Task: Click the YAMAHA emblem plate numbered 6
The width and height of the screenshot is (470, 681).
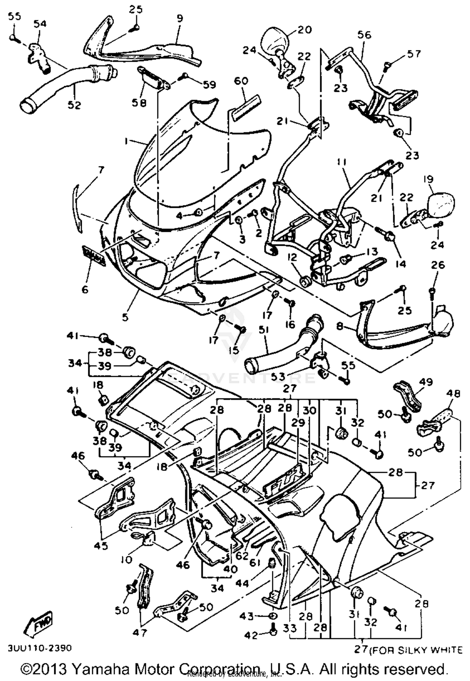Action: click(93, 256)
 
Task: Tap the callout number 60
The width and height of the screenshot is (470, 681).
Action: click(241, 81)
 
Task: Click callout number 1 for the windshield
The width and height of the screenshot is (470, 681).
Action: click(126, 142)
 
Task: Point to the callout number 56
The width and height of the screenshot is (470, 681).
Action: click(364, 34)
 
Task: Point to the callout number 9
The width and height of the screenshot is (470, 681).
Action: click(179, 19)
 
